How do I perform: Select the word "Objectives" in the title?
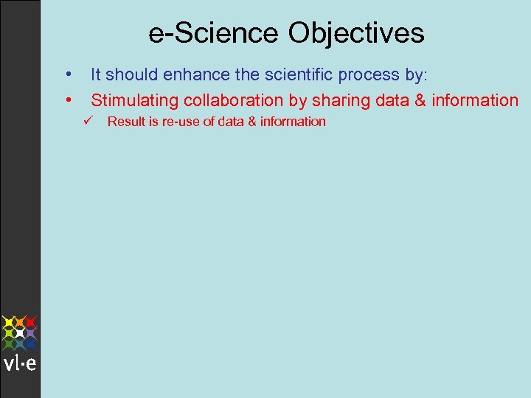(356, 33)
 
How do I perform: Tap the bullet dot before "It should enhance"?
(67, 74)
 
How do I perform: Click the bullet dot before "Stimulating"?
(67, 99)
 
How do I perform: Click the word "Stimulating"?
(135, 100)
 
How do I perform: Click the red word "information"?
(475, 100)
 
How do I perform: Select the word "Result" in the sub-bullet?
(126, 122)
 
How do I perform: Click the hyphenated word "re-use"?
(180, 122)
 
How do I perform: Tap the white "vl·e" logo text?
(20, 363)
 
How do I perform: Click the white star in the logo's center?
(20, 333)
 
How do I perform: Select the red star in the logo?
(32, 322)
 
